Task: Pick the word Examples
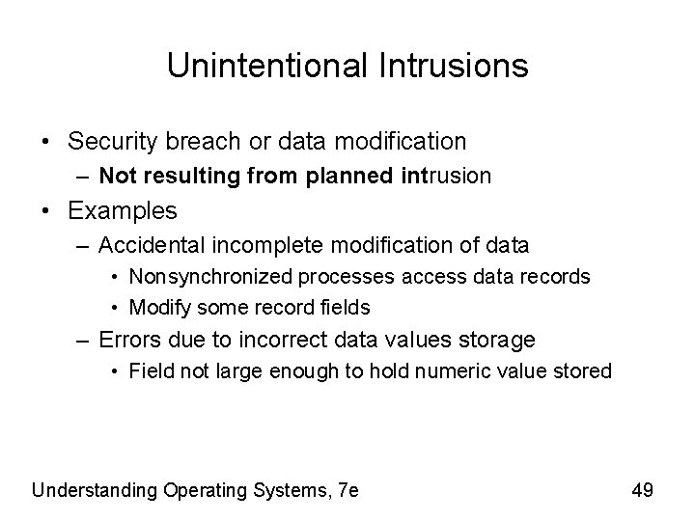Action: (x=123, y=210)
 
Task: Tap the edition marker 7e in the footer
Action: (x=347, y=490)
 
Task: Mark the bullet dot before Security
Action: (x=48, y=142)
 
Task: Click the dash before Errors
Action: (x=85, y=340)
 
